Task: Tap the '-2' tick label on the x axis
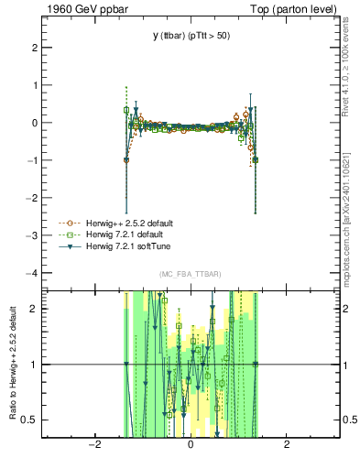click(x=93, y=446)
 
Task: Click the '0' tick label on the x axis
click(x=191, y=446)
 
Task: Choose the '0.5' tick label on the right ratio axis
click(x=350, y=420)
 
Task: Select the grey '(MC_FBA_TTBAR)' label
click(x=190, y=274)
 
